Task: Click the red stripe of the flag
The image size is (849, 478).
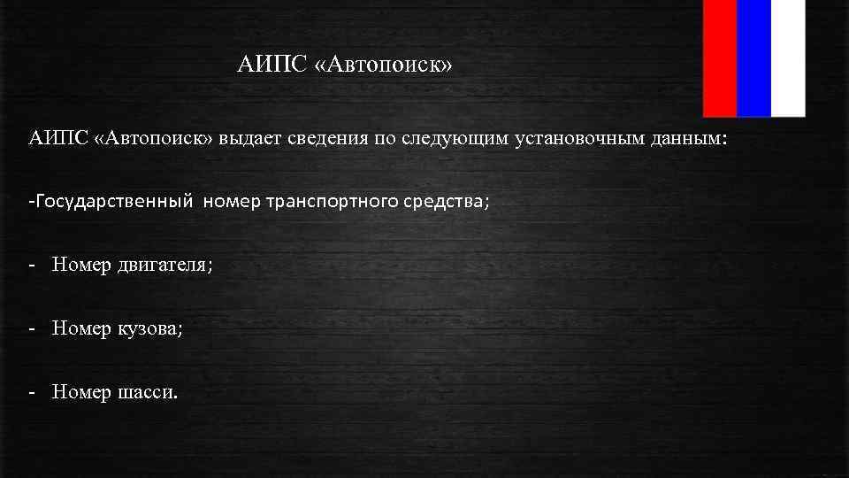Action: point(720,58)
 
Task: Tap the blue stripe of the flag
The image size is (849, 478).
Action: point(753,58)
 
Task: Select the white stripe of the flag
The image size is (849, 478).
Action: point(788,58)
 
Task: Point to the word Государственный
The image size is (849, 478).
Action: point(113,202)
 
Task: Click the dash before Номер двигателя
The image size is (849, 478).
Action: point(32,265)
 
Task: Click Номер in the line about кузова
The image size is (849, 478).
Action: point(81,329)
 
